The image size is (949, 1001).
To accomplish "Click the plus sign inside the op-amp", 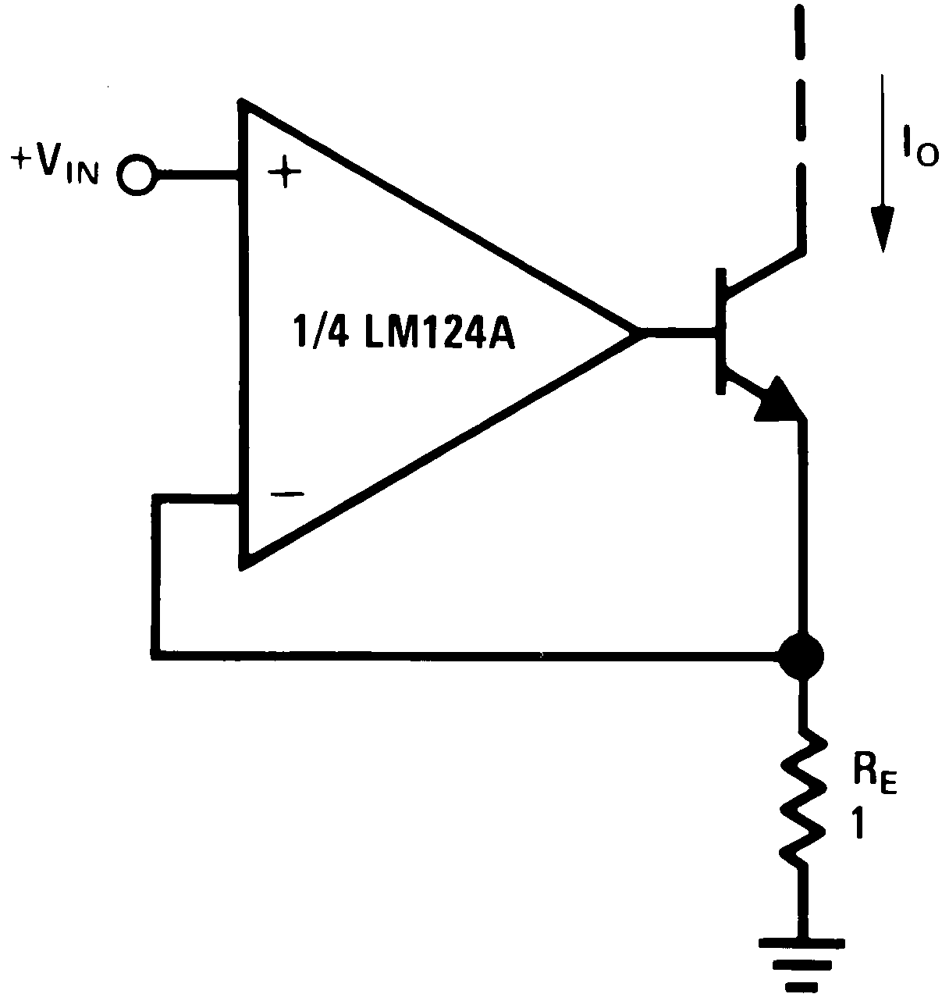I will (285, 174).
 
